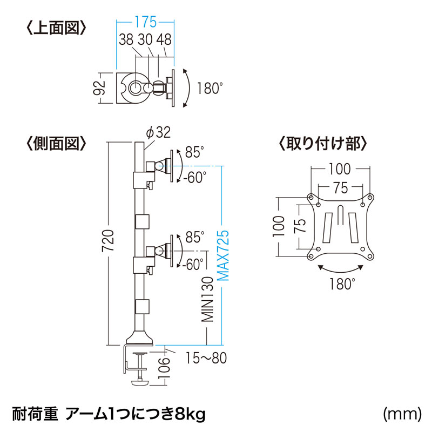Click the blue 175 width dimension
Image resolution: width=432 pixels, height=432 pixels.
(x=145, y=23)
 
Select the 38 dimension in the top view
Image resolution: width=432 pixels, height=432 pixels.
(x=126, y=39)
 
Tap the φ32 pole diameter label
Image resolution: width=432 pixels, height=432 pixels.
(x=158, y=132)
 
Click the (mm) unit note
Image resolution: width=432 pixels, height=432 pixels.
(x=402, y=414)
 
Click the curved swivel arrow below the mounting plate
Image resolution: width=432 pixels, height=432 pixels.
(x=340, y=268)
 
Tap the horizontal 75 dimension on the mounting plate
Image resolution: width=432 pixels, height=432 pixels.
(x=340, y=188)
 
